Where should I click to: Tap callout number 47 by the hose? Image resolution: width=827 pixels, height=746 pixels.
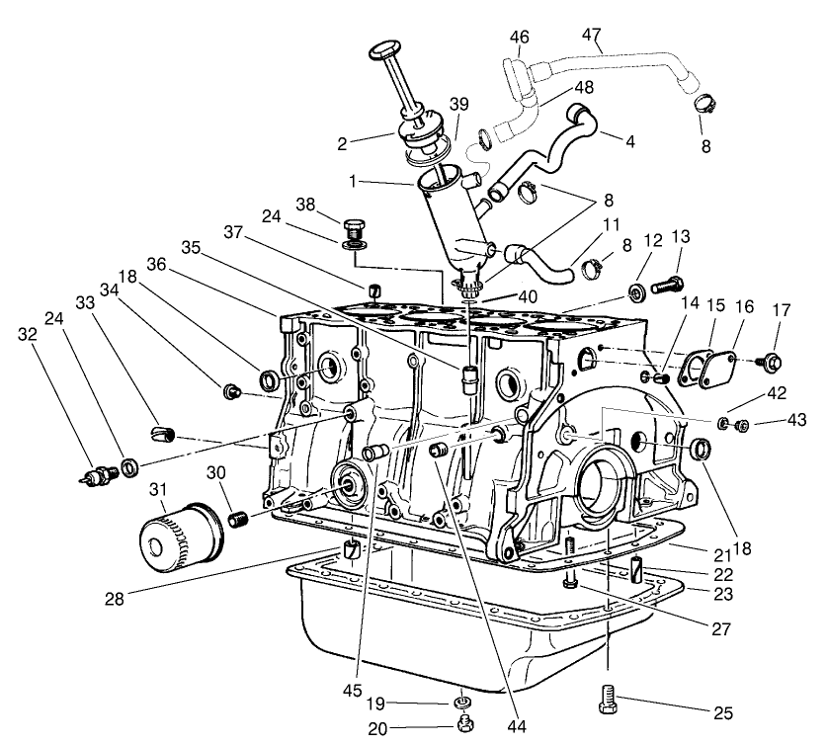coord(591,37)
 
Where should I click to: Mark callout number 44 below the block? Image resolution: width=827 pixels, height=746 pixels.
coord(512,726)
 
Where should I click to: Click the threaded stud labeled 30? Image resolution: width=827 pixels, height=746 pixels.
coord(237,519)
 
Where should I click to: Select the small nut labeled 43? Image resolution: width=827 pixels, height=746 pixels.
coord(744,426)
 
